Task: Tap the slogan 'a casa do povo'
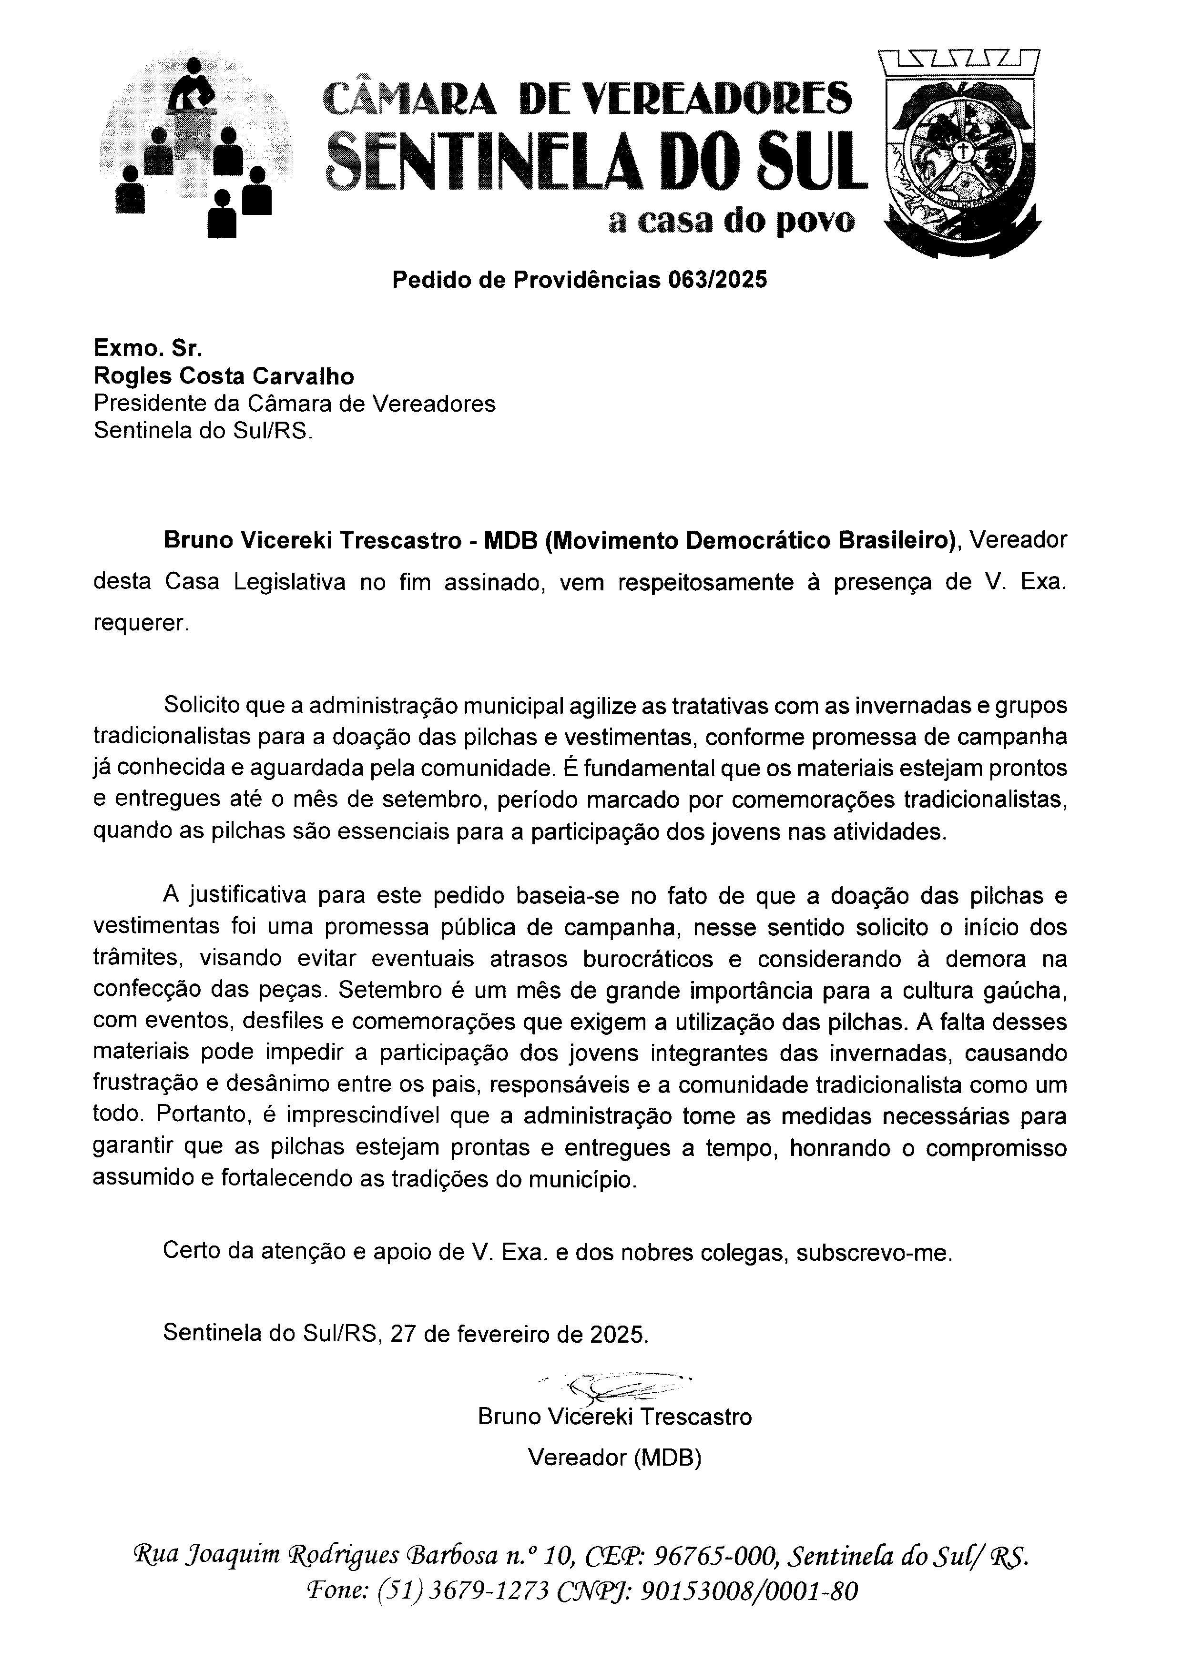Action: coord(732,221)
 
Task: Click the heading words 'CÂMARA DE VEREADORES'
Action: coord(587,98)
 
